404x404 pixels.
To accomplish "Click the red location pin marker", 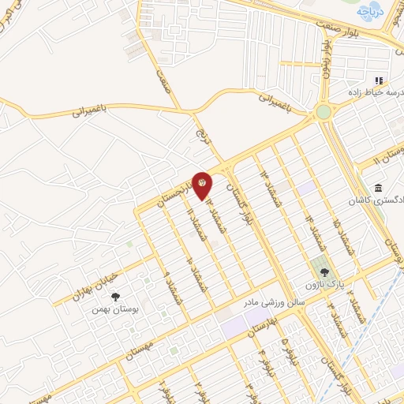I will click(203, 185).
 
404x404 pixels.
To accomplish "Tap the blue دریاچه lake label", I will click(368, 12).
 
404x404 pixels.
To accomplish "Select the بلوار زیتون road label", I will click(325, 63).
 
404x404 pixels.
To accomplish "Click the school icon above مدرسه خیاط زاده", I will click(379, 80).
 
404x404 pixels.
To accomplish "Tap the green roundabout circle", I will click(324, 112).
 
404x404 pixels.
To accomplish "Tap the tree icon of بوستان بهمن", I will click(116, 297).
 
